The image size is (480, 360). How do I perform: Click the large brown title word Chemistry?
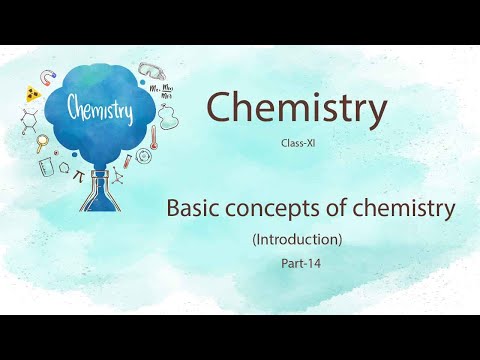295,108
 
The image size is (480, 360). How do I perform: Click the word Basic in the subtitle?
192,210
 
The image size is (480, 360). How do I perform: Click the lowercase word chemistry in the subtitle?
403,211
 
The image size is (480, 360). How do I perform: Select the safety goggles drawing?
150,71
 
